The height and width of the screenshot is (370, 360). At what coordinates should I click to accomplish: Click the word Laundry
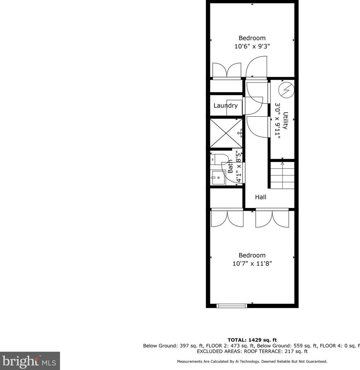pyautogui.click(x=225, y=105)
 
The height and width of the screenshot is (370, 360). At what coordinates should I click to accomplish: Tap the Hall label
pyautogui.click(x=261, y=197)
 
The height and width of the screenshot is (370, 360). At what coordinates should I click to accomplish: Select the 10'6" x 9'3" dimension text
pyautogui.click(x=252, y=46)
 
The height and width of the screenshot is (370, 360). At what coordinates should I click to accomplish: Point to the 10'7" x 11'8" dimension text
pyautogui.click(x=252, y=264)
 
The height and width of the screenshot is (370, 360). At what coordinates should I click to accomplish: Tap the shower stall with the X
pyautogui.click(x=226, y=133)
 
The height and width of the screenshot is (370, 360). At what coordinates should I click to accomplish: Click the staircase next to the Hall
pyautogui.click(x=282, y=175)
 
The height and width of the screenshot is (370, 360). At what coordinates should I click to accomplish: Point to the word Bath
pyautogui.click(x=230, y=166)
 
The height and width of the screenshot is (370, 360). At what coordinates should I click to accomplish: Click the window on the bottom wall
pyautogui.click(x=231, y=306)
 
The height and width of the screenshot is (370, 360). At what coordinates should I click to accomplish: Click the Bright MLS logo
pyautogui.click(x=30, y=361)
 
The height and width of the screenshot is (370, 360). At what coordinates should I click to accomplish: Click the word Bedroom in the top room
pyautogui.click(x=252, y=38)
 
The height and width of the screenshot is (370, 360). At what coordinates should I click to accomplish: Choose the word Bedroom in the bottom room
pyautogui.click(x=252, y=255)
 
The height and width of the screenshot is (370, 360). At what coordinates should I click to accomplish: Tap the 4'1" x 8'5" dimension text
pyautogui.click(x=239, y=167)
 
